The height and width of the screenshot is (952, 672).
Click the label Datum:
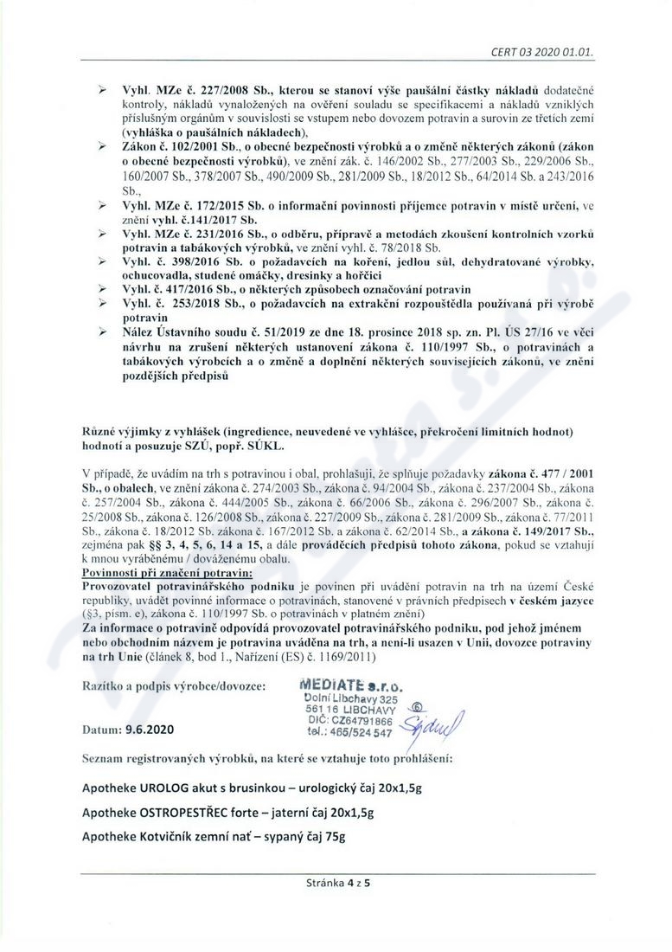[101, 730]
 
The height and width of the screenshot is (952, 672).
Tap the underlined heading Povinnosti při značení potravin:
[166, 572]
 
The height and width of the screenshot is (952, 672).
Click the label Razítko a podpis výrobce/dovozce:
[174, 684]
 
